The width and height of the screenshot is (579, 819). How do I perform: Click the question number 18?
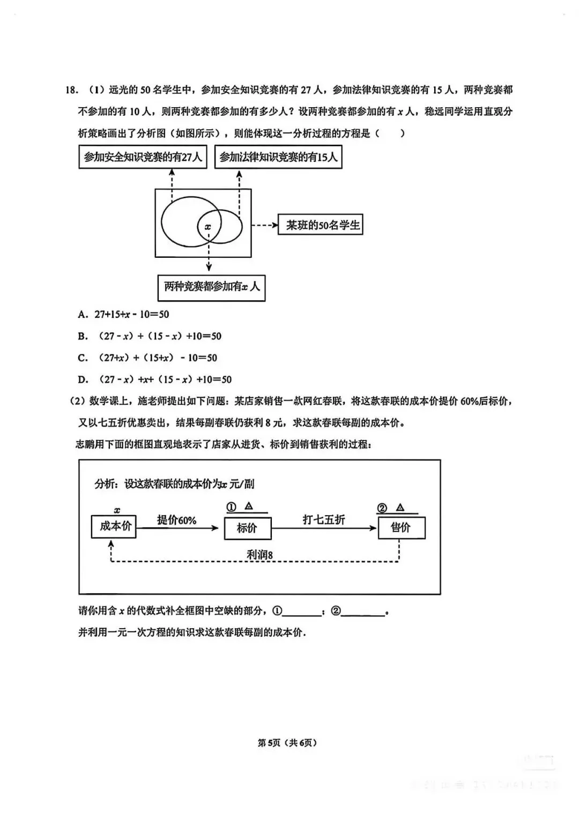tap(71, 90)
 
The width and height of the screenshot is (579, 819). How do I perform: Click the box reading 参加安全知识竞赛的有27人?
tap(143, 157)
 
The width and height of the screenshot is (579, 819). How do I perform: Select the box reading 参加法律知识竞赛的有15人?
tap(278, 157)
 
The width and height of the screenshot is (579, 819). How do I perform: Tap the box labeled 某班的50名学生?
tap(321, 225)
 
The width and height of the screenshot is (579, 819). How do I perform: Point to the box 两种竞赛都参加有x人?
tap(211, 287)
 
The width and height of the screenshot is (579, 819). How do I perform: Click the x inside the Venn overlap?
tap(208, 227)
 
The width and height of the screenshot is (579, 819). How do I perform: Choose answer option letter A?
tap(83, 315)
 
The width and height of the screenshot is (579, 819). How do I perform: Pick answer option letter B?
tap(83, 337)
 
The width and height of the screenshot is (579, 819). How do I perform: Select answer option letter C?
tap(83, 358)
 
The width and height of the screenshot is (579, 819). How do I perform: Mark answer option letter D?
tap(83, 380)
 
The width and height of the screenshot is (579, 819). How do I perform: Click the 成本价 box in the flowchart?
tap(114, 526)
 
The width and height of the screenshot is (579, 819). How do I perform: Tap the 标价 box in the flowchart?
tap(247, 528)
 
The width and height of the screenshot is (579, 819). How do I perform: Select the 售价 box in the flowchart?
tap(401, 527)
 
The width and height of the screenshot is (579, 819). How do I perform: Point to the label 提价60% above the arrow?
tap(176, 520)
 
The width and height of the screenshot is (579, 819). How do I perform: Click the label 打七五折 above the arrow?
tap(324, 520)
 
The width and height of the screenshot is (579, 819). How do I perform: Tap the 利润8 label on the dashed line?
tap(259, 555)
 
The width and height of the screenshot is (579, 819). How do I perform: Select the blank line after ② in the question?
tap(363, 612)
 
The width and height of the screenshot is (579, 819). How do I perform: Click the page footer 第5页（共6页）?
tap(287, 743)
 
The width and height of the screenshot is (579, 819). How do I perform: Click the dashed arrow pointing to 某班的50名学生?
tap(264, 225)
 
